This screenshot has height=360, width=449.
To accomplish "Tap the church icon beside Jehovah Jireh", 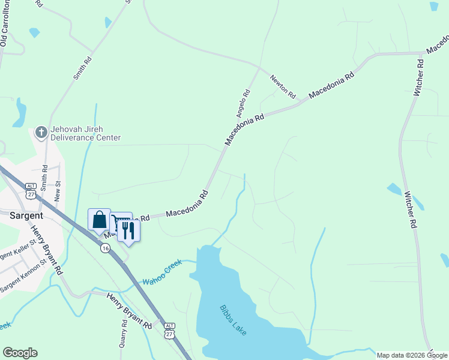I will click(x=41, y=132).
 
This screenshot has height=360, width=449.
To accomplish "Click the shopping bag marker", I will click(x=100, y=220).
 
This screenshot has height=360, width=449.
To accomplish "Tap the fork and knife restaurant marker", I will click(x=128, y=230).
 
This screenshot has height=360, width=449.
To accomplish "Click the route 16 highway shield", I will click(x=105, y=248).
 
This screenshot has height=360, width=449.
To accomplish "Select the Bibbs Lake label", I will click(x=233, y=320).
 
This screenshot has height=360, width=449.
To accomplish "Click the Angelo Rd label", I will click(x=243, y=103).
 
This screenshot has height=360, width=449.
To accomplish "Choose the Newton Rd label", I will click(x=283, y=87).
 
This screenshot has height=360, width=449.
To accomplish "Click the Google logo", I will click(x=20, y=353).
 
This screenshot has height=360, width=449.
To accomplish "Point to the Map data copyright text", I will click(x=412, y=355).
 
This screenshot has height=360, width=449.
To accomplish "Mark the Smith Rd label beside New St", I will click(x=44, y=173).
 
